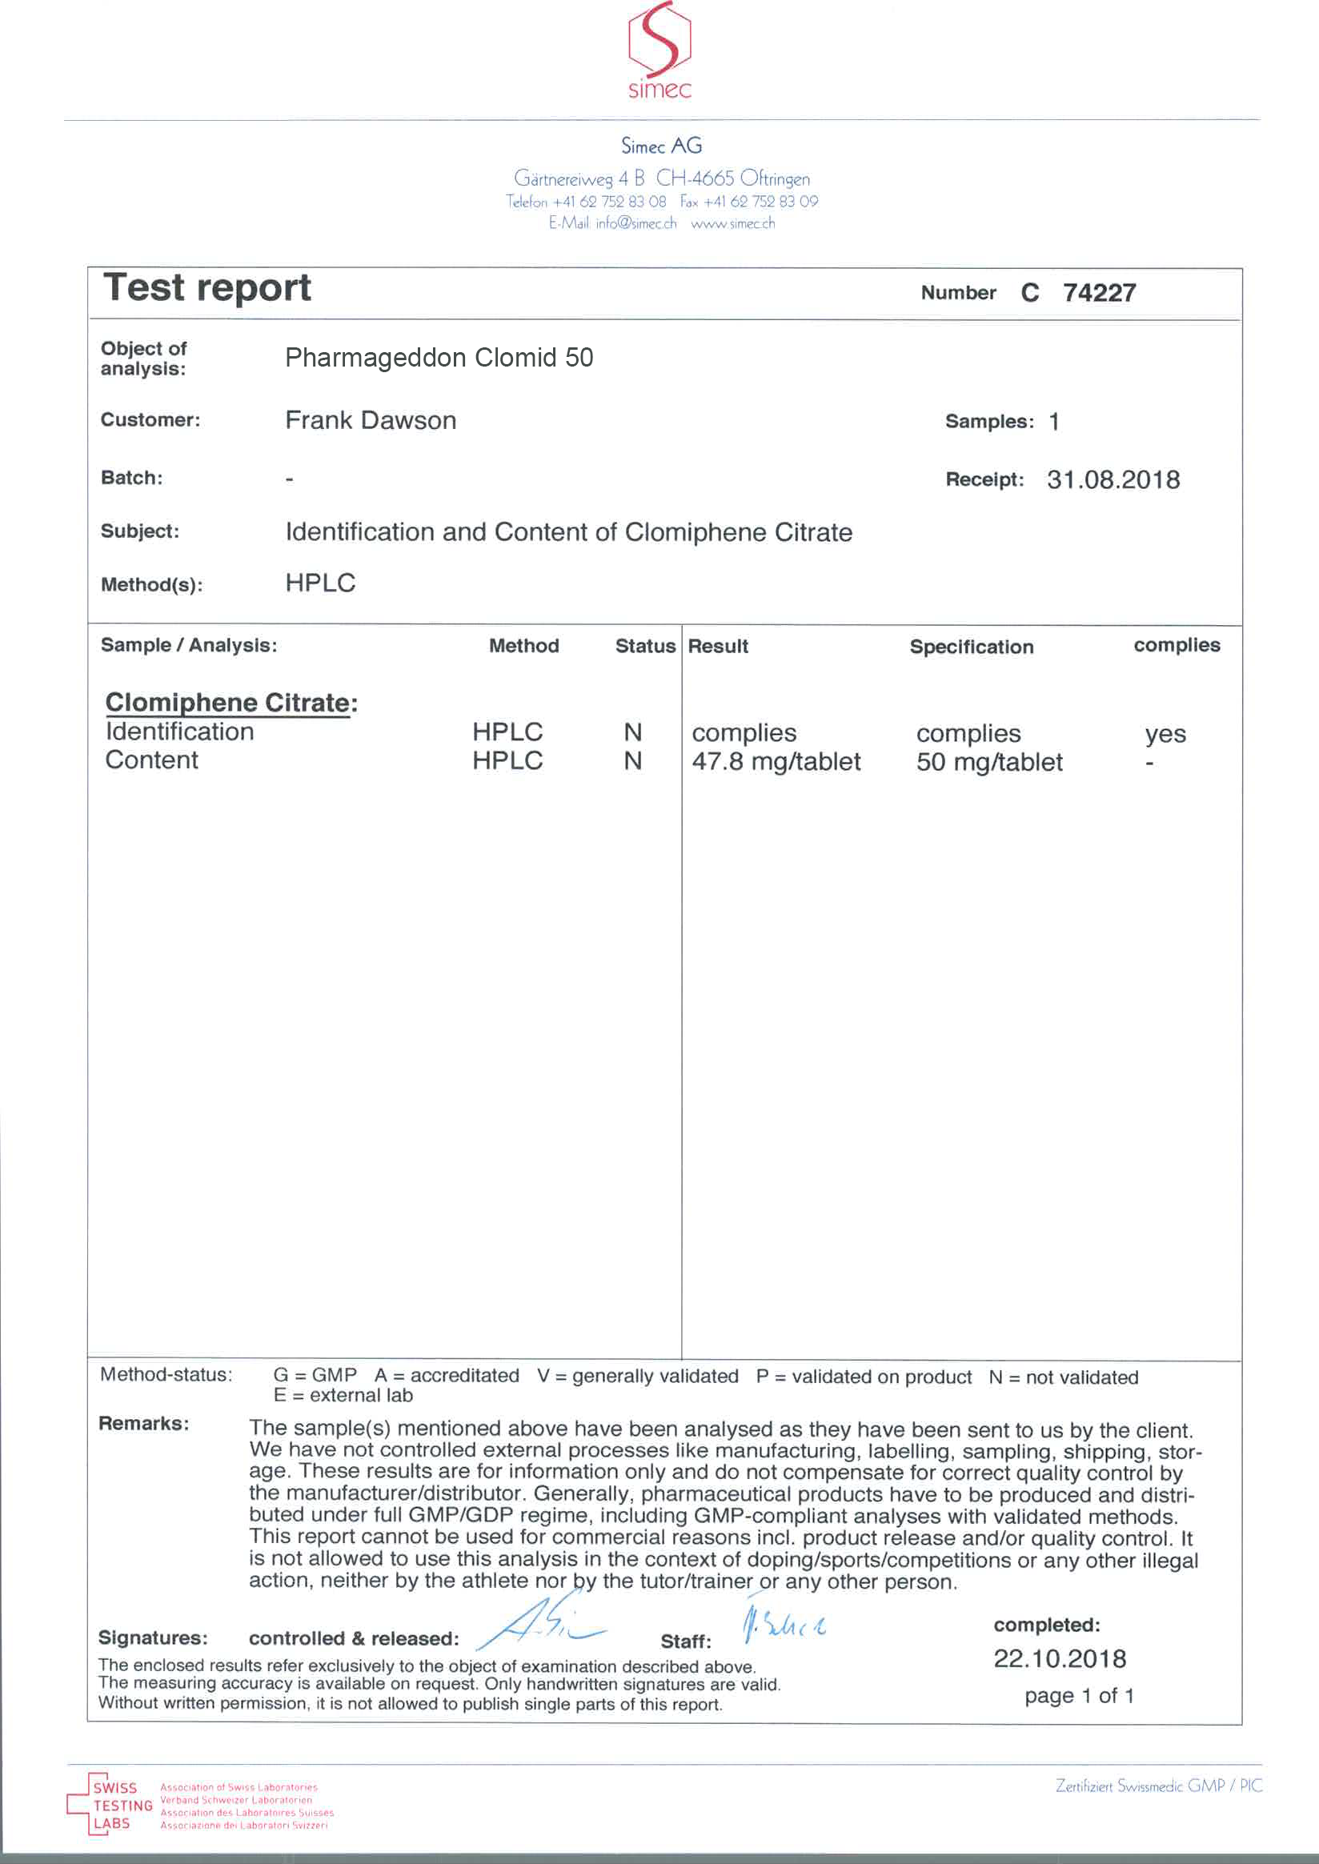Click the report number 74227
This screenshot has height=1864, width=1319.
(1099, 292)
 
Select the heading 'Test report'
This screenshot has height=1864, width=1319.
(207, 288)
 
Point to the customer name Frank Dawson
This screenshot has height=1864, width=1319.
(371, 421)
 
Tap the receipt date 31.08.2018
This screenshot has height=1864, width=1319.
(1113, 480)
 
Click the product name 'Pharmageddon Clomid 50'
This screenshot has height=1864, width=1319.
(439, 359)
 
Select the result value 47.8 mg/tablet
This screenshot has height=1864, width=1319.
(776, 762)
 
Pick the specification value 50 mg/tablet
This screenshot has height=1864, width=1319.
(989, 763)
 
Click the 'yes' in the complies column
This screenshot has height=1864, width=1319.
(1165, 734)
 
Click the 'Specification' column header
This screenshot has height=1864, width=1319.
(972, 647)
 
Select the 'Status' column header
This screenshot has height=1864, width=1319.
(645, 647)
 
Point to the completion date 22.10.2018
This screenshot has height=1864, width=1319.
(1060, 1658)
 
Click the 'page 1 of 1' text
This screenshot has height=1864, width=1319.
(1079, 1697)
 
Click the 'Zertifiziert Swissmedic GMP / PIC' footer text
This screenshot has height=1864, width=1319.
(1159, 1786)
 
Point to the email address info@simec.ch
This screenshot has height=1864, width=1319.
(636, 223)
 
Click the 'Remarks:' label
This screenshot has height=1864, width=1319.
(144, 1424)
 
